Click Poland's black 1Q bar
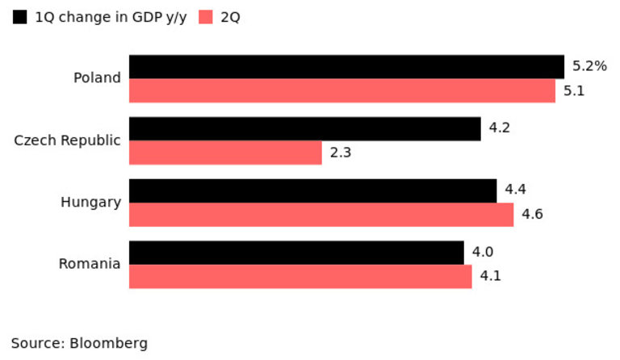tap(346, 67)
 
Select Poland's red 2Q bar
tap(342, 90)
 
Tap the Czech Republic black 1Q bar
tap(305, 129)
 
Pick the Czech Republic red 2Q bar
tap(225, 153)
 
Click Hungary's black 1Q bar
tap(312, 191)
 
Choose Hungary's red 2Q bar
tap(321, 215)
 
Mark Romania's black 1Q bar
tap(296, 253)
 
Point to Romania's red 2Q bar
tap(300, 276)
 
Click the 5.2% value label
tap(589, 66)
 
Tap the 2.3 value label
tap(340, 153)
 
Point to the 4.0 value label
tap(483, 253)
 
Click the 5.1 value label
tap(574, 90)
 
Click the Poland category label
tap(97, 78)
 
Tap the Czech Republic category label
tap(67, 140)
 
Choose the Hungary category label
tap(90, 202)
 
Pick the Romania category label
tap(90, 264)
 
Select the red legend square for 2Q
tap(205, 17)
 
